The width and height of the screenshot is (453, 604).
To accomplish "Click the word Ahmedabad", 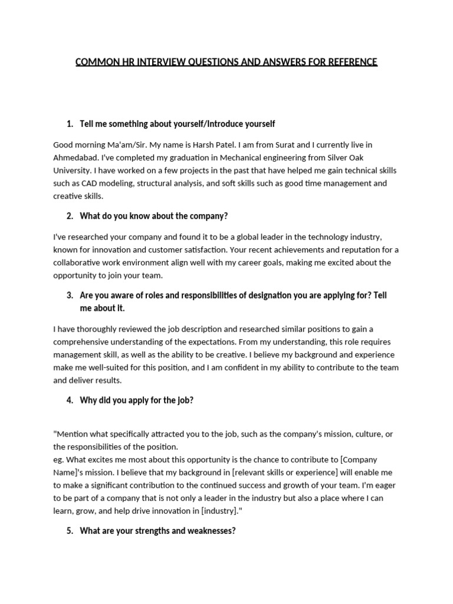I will (x=75, y=157).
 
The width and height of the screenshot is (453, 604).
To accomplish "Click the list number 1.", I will (x=70, y=124).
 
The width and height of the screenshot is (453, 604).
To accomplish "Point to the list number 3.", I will (x=70, y=295).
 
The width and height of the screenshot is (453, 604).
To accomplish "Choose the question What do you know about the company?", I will (x=153, y=216).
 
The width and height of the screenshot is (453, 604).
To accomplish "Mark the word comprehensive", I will (x=84, y=342).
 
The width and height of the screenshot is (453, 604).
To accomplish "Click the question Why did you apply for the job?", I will (x=136, y=400).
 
